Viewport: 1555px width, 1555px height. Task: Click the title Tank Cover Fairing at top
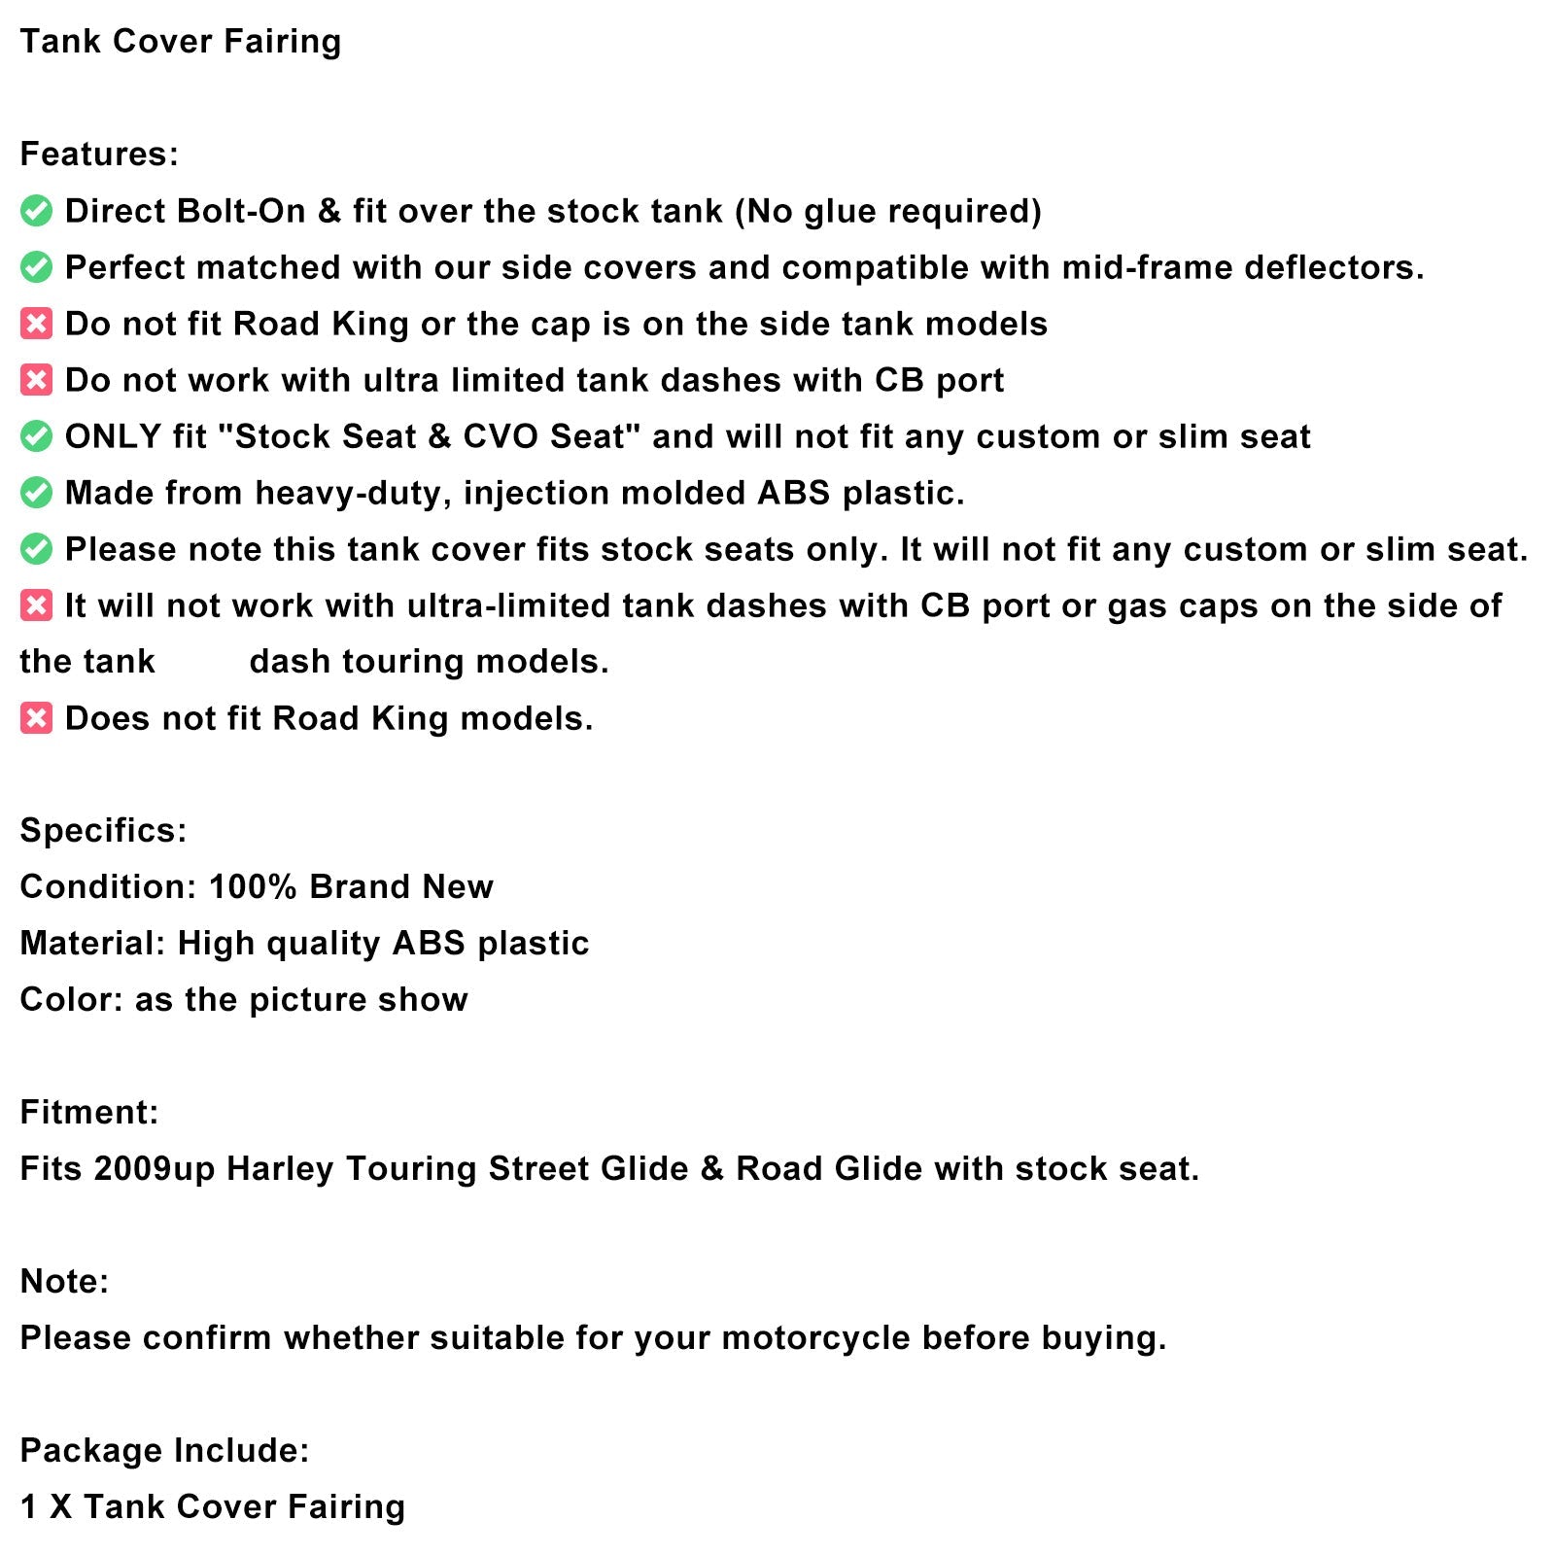pyautogui.click(x=181, y=42)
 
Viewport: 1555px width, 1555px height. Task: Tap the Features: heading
pyautogui.click(x=99, y=155)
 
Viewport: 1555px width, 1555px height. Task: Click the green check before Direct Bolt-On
pyautogui.click(x=37, y=211)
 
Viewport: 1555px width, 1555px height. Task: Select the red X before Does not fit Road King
pyautogui.click(x=37, y=718)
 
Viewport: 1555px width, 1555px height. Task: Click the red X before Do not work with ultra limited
pyautogui.click(x=37, y=380)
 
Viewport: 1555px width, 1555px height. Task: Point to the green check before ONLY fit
pyautogui.click(x=37, y=436)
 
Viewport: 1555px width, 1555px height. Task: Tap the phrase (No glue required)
pyautogui.click(x=887, y=211)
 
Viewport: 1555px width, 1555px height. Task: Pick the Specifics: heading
pyautogui.click(x=103, y=831)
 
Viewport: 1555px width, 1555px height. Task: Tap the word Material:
pyautogui.click(x=92, y=944)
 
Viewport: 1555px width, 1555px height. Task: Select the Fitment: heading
pyautogui.click(x=89, y=1113)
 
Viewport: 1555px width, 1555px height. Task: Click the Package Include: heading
pyautogui.click(x=164, y=1451)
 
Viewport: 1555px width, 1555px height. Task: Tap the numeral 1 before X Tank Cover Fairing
pyautogui.click(x=29, y=1507)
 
